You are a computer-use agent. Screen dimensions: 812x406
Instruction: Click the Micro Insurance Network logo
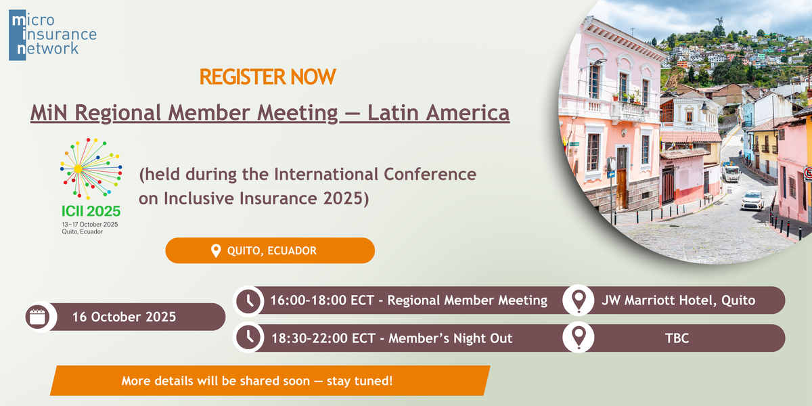pyautogui.click(x=53, y=35)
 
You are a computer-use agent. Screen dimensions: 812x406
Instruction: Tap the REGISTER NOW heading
pyautogui.click(x=267, y=77)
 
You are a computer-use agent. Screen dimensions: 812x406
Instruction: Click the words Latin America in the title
pyautogui.click(x=438, y=112)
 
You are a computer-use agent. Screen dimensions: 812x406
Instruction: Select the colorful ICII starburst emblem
pyautogui.click(x=91, y=168)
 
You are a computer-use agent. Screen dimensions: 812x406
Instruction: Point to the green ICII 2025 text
pyautogui.click(x=91, y=211)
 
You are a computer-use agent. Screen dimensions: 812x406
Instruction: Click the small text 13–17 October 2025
pyautogui.click(x=90, y=225)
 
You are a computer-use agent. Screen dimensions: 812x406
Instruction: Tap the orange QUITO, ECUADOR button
pyautogui.click(x=270, y=250)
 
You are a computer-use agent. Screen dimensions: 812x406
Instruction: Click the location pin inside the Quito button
pyautogui.click(x=216, y=251)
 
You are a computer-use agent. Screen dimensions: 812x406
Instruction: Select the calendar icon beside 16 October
pyautogui.click(x=37, y=317)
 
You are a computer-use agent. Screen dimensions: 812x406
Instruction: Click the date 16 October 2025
pyautogui.click(x=124, y=317)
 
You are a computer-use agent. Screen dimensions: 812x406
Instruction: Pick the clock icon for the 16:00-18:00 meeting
pyautogui.click(x=248, y=301)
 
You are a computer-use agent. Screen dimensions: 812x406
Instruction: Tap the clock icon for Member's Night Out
pyautogui.click(x=248, y=337)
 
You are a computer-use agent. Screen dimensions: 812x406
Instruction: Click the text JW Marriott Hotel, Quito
pyautogui.click(x=678, y=300)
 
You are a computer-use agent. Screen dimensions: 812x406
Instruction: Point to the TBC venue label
pyautogui.click(x=677, y=338)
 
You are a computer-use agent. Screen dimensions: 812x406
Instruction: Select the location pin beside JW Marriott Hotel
pyautogui.click(x=579, y=301)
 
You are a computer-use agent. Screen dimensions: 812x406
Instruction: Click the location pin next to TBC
pyautogui.click(x=579, y=338)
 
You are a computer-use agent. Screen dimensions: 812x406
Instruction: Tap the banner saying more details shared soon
pyautogui.click(x=270, y=380)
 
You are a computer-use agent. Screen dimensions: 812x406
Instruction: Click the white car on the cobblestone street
pyautogui.click(x=752, y=200)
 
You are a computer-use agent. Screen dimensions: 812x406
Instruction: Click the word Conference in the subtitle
pyautogui.click(x=430, y=174)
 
